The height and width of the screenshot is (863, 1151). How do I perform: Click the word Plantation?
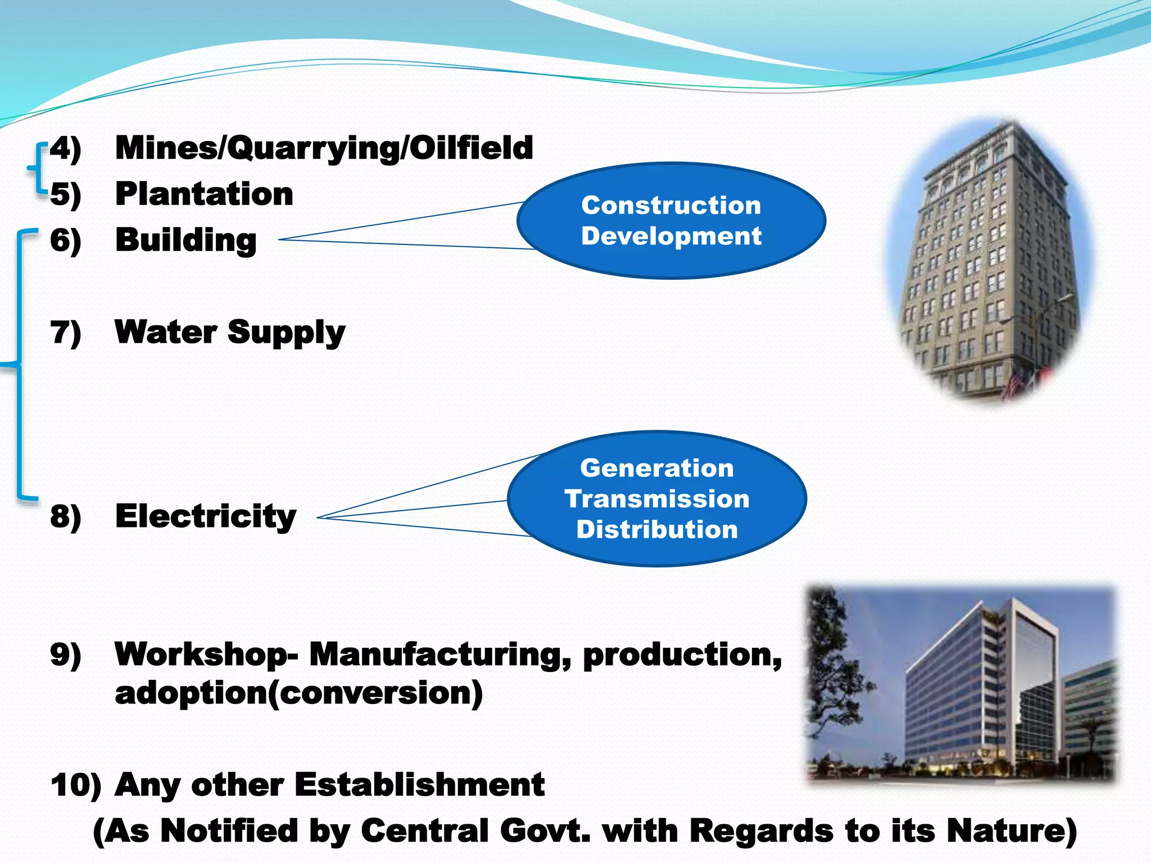[x=204, y=194]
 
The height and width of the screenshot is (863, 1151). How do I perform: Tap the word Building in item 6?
[x=186, y=240]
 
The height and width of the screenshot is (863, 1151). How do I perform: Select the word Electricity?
[x=206, y=516]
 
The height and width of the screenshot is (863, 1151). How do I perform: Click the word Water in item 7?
[x=165, y=331]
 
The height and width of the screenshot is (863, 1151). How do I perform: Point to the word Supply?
[x=287, y=333]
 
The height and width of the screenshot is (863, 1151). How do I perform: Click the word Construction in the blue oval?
[x=671, y=206]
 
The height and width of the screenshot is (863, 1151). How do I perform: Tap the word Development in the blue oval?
[x=671, y=236]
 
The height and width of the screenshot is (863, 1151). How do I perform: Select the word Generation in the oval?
[x=657, y=468]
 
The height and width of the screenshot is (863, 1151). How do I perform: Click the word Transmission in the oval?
[x=657, y=499]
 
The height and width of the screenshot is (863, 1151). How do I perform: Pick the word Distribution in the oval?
[x=657, y=530]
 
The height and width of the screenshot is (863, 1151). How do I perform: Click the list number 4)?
[x=66, y=148]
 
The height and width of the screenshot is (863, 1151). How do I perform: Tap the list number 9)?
[x=66, y=655]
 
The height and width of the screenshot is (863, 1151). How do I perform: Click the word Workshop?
[x=202, y=655]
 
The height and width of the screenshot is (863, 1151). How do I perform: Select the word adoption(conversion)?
[x=298, y=693]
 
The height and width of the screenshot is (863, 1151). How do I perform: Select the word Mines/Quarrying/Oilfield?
[x=324, y=148]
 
